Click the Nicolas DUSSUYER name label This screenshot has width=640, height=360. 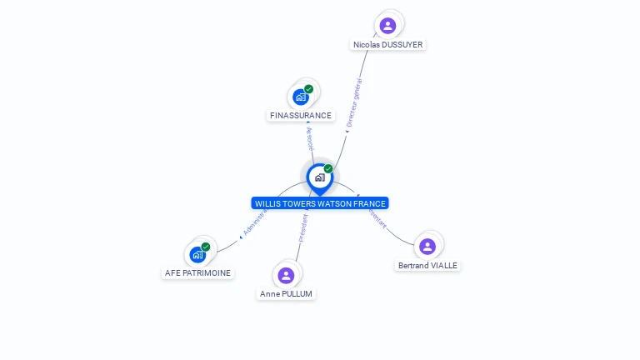388,44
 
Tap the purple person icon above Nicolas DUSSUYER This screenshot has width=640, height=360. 387,25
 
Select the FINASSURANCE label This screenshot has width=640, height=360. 301,116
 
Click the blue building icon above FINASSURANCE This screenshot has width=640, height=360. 301,97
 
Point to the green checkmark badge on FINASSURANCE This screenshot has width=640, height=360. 308,89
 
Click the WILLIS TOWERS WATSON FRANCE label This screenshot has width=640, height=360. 320,203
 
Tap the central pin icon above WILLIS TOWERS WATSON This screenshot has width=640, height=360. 319,177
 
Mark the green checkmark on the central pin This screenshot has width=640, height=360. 328,169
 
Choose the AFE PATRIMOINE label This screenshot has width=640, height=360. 197,272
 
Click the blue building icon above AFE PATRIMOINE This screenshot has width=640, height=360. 197,254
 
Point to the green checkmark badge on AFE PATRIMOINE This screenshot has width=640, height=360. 205,247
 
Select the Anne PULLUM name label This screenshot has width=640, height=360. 287,293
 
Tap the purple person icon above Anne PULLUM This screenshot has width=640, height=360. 286,275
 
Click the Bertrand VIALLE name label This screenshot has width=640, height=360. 427,265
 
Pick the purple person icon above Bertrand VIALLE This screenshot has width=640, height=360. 427,246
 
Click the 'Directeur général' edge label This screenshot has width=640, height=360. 353,103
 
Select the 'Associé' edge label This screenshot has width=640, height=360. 310,138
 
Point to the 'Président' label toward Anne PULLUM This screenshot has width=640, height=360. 303,227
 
